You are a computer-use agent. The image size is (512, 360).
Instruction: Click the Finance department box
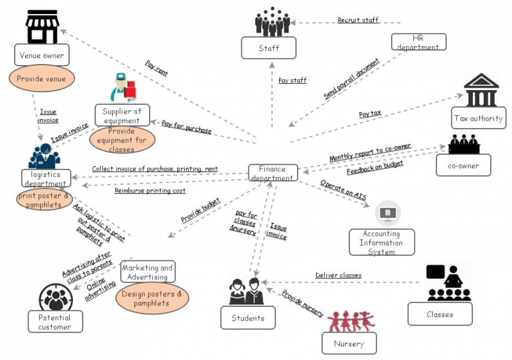pyautogui.click(x=273, y=173)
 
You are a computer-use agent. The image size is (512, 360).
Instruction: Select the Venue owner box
pyautogui.click(x=42, y=55)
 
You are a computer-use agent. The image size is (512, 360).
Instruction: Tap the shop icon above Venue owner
pyautogui.click(x=42, y=27)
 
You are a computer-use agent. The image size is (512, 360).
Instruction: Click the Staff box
pyautogui.click(x=269, y=47)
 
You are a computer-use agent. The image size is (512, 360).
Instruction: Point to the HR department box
pyautogui.click(x=419, y=42)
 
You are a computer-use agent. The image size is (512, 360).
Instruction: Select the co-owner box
pyautogui.click(x=463, y=165)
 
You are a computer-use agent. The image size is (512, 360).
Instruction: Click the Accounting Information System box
pyautogui.click(x=381, y=242)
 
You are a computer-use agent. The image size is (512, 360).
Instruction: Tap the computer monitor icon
pyautogui.click(x=387, y=214)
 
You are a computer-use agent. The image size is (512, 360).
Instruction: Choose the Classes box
pyautogui.click(x=440, y=314)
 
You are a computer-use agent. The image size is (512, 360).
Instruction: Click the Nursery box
pyautogui.click(x=349, y=343)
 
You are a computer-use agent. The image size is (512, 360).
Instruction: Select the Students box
pyautogui.click(x=248, y=318)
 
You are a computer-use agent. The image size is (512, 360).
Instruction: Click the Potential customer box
pyautogui.click(x=56, y=321)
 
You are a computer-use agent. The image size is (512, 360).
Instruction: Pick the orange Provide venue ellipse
pyautogui.click(x=42, y=79)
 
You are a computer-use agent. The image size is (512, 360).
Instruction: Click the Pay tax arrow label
pyautogui.click(x=370, y=114)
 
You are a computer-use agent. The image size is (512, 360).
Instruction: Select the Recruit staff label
pyautogui.click(x=358, y=20)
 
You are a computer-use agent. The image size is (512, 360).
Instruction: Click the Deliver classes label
pyautogui.click(x=338, y=276)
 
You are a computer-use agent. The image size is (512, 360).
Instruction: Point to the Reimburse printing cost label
pyautogui.click(x=150, y=191)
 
